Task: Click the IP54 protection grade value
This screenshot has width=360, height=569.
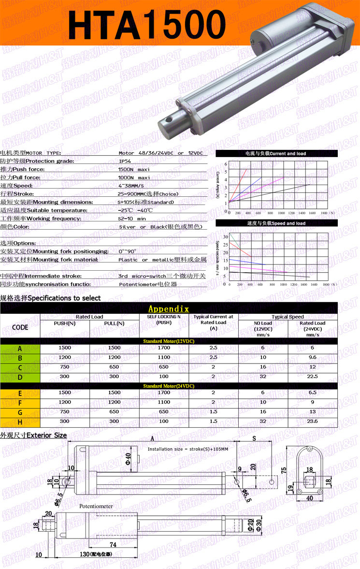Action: pos(125,161)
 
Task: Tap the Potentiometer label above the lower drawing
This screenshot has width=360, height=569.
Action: pos(97,506)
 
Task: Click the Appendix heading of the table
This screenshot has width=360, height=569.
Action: pos(169,309)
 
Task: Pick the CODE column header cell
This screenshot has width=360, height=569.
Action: pos(20,327)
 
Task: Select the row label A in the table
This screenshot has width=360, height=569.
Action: pos(20,348)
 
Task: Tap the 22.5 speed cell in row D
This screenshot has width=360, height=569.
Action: pos(313,376)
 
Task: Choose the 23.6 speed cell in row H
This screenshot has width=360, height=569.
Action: pos(313,421)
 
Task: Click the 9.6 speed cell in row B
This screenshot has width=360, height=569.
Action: pos(313,357)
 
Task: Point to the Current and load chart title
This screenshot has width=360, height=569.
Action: pos(275,154)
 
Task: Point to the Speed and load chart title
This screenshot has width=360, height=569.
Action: pos(276,223)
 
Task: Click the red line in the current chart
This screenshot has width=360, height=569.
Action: pos(239,184)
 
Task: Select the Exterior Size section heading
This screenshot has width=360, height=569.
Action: pos(33,435)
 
